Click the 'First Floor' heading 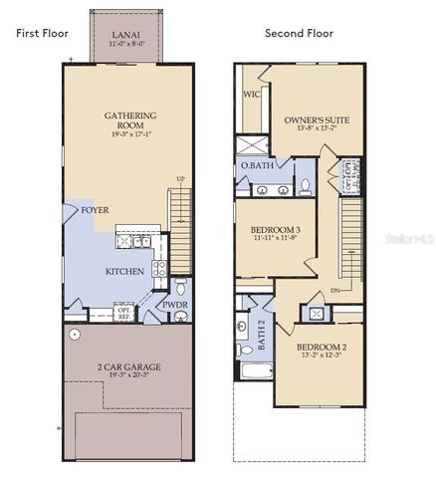[x=42, y=33]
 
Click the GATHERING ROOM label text [x=130, y=120]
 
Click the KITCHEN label [x=125, y=271]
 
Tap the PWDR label [x=175, y=306]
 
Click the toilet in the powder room [x=180, y=317]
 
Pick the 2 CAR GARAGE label [x=127, y=366]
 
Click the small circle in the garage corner [x=75, y=335]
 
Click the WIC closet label [x=251, y=96]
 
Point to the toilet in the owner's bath [x=306, y=186]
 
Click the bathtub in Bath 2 [x=255, y=373]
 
